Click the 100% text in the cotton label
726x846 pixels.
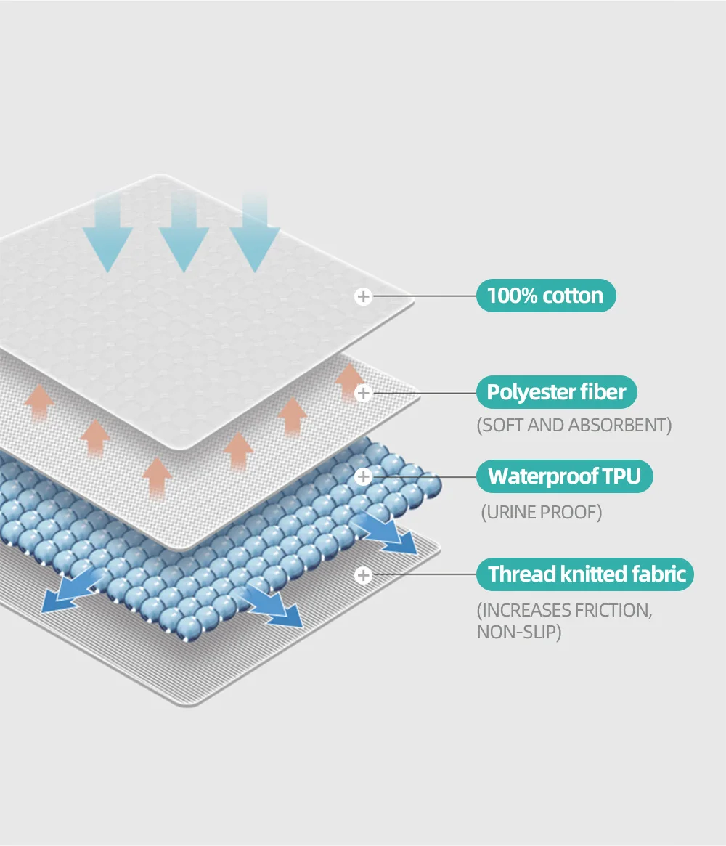513,296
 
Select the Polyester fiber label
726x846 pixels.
556,392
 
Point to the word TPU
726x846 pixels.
623,476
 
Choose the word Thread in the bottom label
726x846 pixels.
522,574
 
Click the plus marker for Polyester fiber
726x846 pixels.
364,393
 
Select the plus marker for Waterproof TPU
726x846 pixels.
364,477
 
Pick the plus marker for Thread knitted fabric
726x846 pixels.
364,575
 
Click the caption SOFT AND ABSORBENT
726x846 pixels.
574,426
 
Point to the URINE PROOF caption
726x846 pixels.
542,513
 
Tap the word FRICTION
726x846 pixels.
613,610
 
